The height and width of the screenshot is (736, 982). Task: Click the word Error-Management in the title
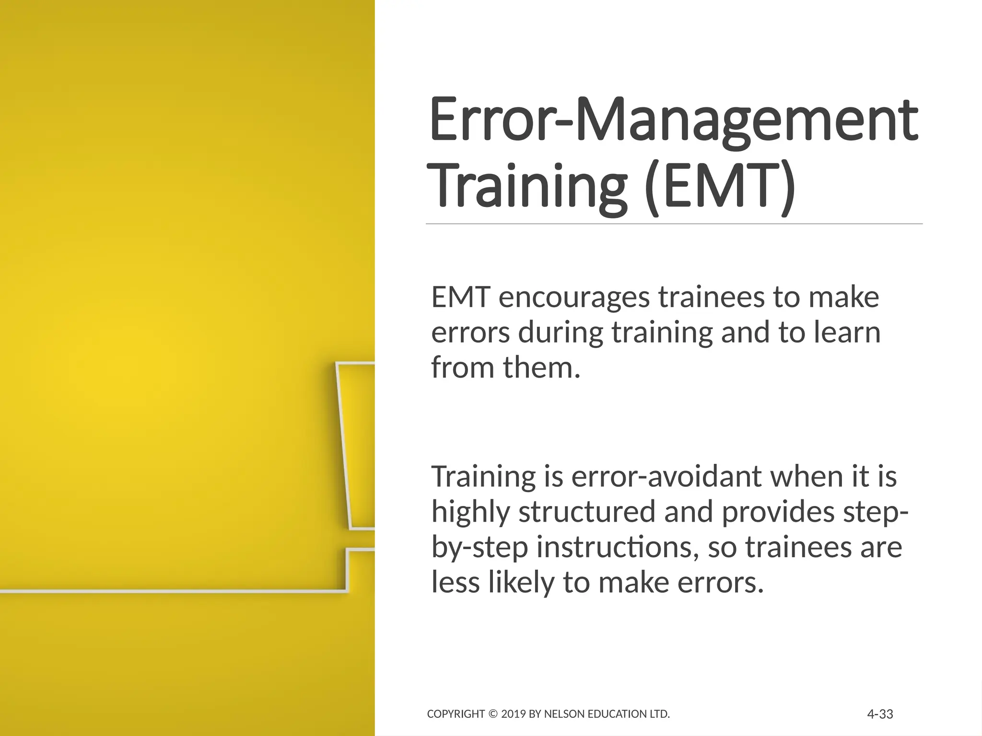tap(673, 120)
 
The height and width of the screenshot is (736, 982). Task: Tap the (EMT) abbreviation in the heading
tap(719, 187)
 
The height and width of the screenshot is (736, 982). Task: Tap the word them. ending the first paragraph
tap(542, 368)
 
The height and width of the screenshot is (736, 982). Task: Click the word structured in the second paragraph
tap(586, 512)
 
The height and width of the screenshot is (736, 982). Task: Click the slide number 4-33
tap(880, 714)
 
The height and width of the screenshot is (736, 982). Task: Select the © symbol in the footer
tap(493, 714)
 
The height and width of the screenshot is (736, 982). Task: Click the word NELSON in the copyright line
tap(561, 714)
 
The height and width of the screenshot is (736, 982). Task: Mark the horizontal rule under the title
tap(674, 224)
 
